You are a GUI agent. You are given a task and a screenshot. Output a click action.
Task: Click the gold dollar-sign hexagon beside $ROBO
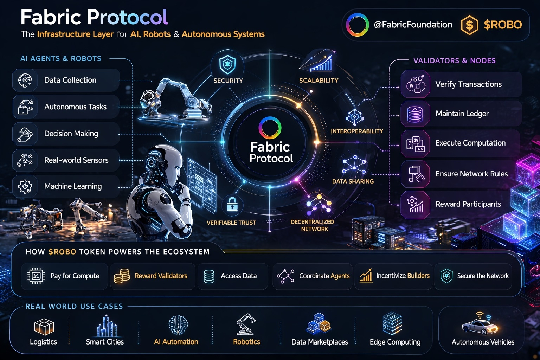469,25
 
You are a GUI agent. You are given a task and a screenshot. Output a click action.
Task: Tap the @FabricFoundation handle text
413,25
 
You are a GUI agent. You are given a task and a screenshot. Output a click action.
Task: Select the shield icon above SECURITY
227,64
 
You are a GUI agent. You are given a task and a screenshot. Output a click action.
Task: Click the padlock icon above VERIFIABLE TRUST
232,204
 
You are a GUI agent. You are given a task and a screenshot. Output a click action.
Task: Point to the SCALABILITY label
319,81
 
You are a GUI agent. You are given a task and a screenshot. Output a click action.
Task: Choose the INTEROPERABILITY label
357,131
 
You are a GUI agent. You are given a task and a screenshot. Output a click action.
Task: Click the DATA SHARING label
353,181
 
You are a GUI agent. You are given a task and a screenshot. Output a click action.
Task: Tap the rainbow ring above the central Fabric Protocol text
270,127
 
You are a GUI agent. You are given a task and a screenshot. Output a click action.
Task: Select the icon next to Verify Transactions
416,84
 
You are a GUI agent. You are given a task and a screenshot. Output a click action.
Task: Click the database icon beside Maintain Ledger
415,114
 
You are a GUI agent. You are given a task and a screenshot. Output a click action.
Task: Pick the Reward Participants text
468,204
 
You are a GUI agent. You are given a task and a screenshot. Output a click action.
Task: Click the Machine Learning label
73,186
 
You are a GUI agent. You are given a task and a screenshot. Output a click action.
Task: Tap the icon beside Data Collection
25,80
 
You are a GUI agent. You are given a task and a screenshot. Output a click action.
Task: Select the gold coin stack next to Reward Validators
122,276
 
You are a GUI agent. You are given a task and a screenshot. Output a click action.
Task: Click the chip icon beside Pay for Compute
36,276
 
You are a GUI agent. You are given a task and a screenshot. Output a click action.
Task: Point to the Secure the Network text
483,276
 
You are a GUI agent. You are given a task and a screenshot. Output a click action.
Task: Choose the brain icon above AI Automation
178,324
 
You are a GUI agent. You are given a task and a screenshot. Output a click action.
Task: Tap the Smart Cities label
105,342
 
